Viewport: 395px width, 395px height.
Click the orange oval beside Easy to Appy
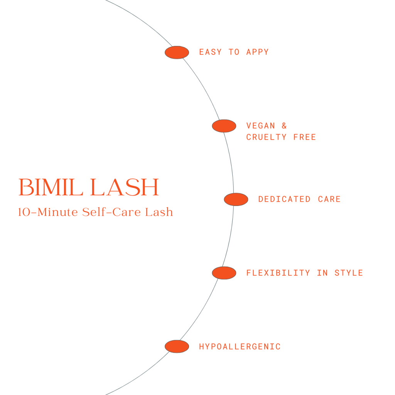pyautogui.click(x=177, y=52)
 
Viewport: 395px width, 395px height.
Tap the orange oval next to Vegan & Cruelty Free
pyautogui.click(x=224, y=126)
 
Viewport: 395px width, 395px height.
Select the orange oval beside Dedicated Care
pyautogui.click(x=236, y=199)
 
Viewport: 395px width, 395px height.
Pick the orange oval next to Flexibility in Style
pyautogui.click(x=224, y=273)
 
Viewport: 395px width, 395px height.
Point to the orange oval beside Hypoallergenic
pyautogui.click(x=177, y=346)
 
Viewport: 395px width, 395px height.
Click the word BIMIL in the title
pyautogui.click(x=51, y=188)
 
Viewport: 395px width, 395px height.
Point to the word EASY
pyautogui.click(x=210, y=52)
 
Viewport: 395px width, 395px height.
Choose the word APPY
pyautogui.click(x=257, y=52)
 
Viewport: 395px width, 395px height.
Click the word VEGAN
pyautogui.click(x=260, y=126)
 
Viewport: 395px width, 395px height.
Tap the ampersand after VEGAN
pyautogui.click(x=284, y=126)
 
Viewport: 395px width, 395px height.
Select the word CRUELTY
pyautogui.click(x=266, y=137)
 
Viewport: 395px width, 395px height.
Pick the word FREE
pyautogui.click(x=304, y=137)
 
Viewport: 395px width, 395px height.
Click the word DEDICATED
pyautogui.click(x=284, y=199)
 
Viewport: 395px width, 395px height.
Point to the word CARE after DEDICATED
pyautogui.click(x=329, y=199)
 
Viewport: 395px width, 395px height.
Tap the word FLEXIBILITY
pyautogui.click(x=278, y=273)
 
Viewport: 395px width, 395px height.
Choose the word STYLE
pyautogui.click(x=349, y=273)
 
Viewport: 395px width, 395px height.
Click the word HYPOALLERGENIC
pyautogui.click(x=240, y=347)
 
